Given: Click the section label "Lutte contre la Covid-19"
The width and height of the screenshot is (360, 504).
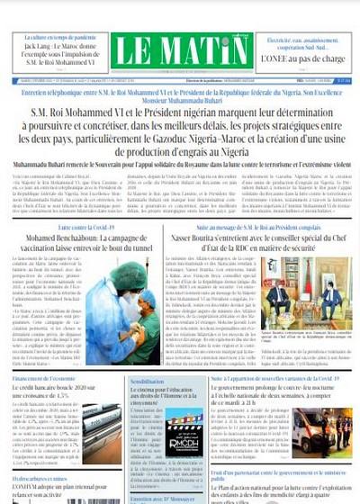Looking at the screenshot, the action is pos(86,230).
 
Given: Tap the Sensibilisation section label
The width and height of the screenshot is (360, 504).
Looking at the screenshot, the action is pos(149,382).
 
